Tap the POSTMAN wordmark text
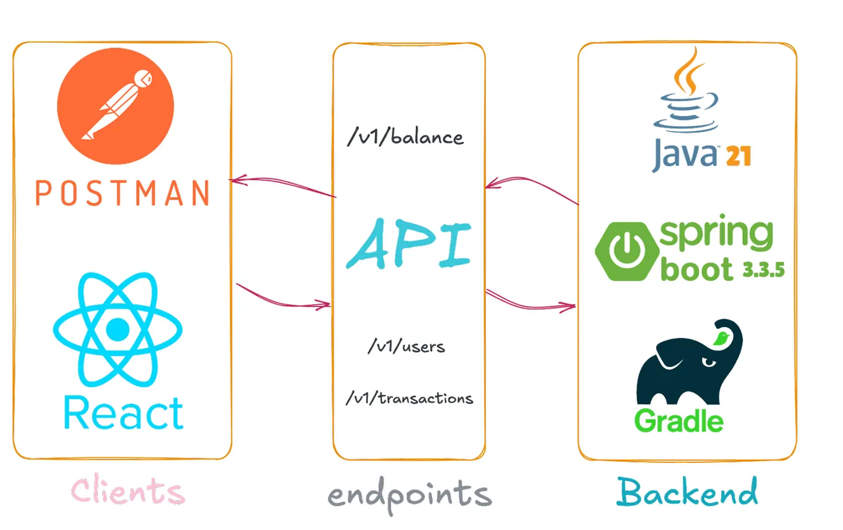(x=122, y=193)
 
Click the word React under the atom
(x=124, y=413)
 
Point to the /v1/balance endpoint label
(x=405, y=138)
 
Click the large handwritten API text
(x=408, y=243)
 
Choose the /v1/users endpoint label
(x=406, y=346)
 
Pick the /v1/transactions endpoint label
(x=409, y=398)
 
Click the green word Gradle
(x=678, y=421)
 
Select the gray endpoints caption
(x=409, y=495)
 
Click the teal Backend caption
(x=687, y=492)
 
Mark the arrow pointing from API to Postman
(x=282, y=186)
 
